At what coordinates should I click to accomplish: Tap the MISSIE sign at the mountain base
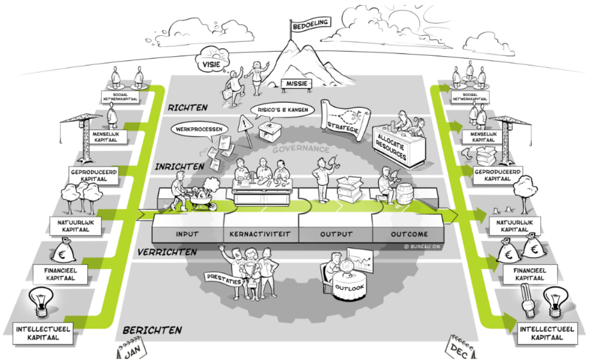coord(296,84)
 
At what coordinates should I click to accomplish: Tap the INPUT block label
coord(188,233)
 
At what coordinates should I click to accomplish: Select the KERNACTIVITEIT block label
coord(261,233)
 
